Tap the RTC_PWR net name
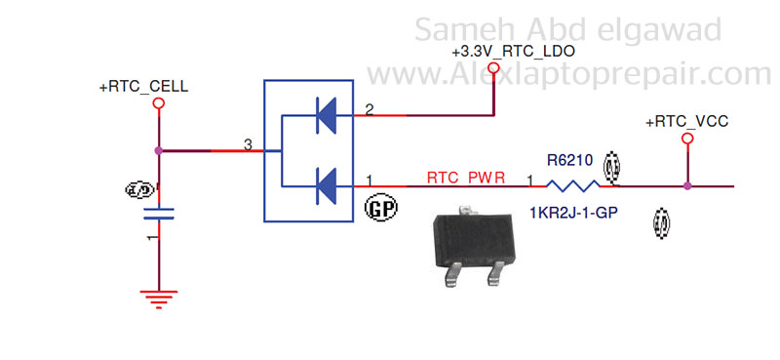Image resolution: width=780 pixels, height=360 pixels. tap(465, 178)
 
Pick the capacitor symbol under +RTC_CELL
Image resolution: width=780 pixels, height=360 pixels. tap(158, 214)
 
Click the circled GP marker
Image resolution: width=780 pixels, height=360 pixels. tap(377, 208)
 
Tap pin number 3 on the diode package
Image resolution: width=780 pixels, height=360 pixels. tap(248, 144)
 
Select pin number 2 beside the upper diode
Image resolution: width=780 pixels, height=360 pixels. tap(369, 110)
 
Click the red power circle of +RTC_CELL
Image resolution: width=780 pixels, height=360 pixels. tap(158, 102)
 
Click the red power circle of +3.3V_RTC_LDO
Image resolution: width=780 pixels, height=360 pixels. tap(493, 67)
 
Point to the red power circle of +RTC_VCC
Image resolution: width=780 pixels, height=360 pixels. tap(687, 140)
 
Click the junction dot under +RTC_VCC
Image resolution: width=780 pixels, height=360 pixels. tap(687, 185)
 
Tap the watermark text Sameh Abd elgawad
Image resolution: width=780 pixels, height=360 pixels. tap(568, 28)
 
